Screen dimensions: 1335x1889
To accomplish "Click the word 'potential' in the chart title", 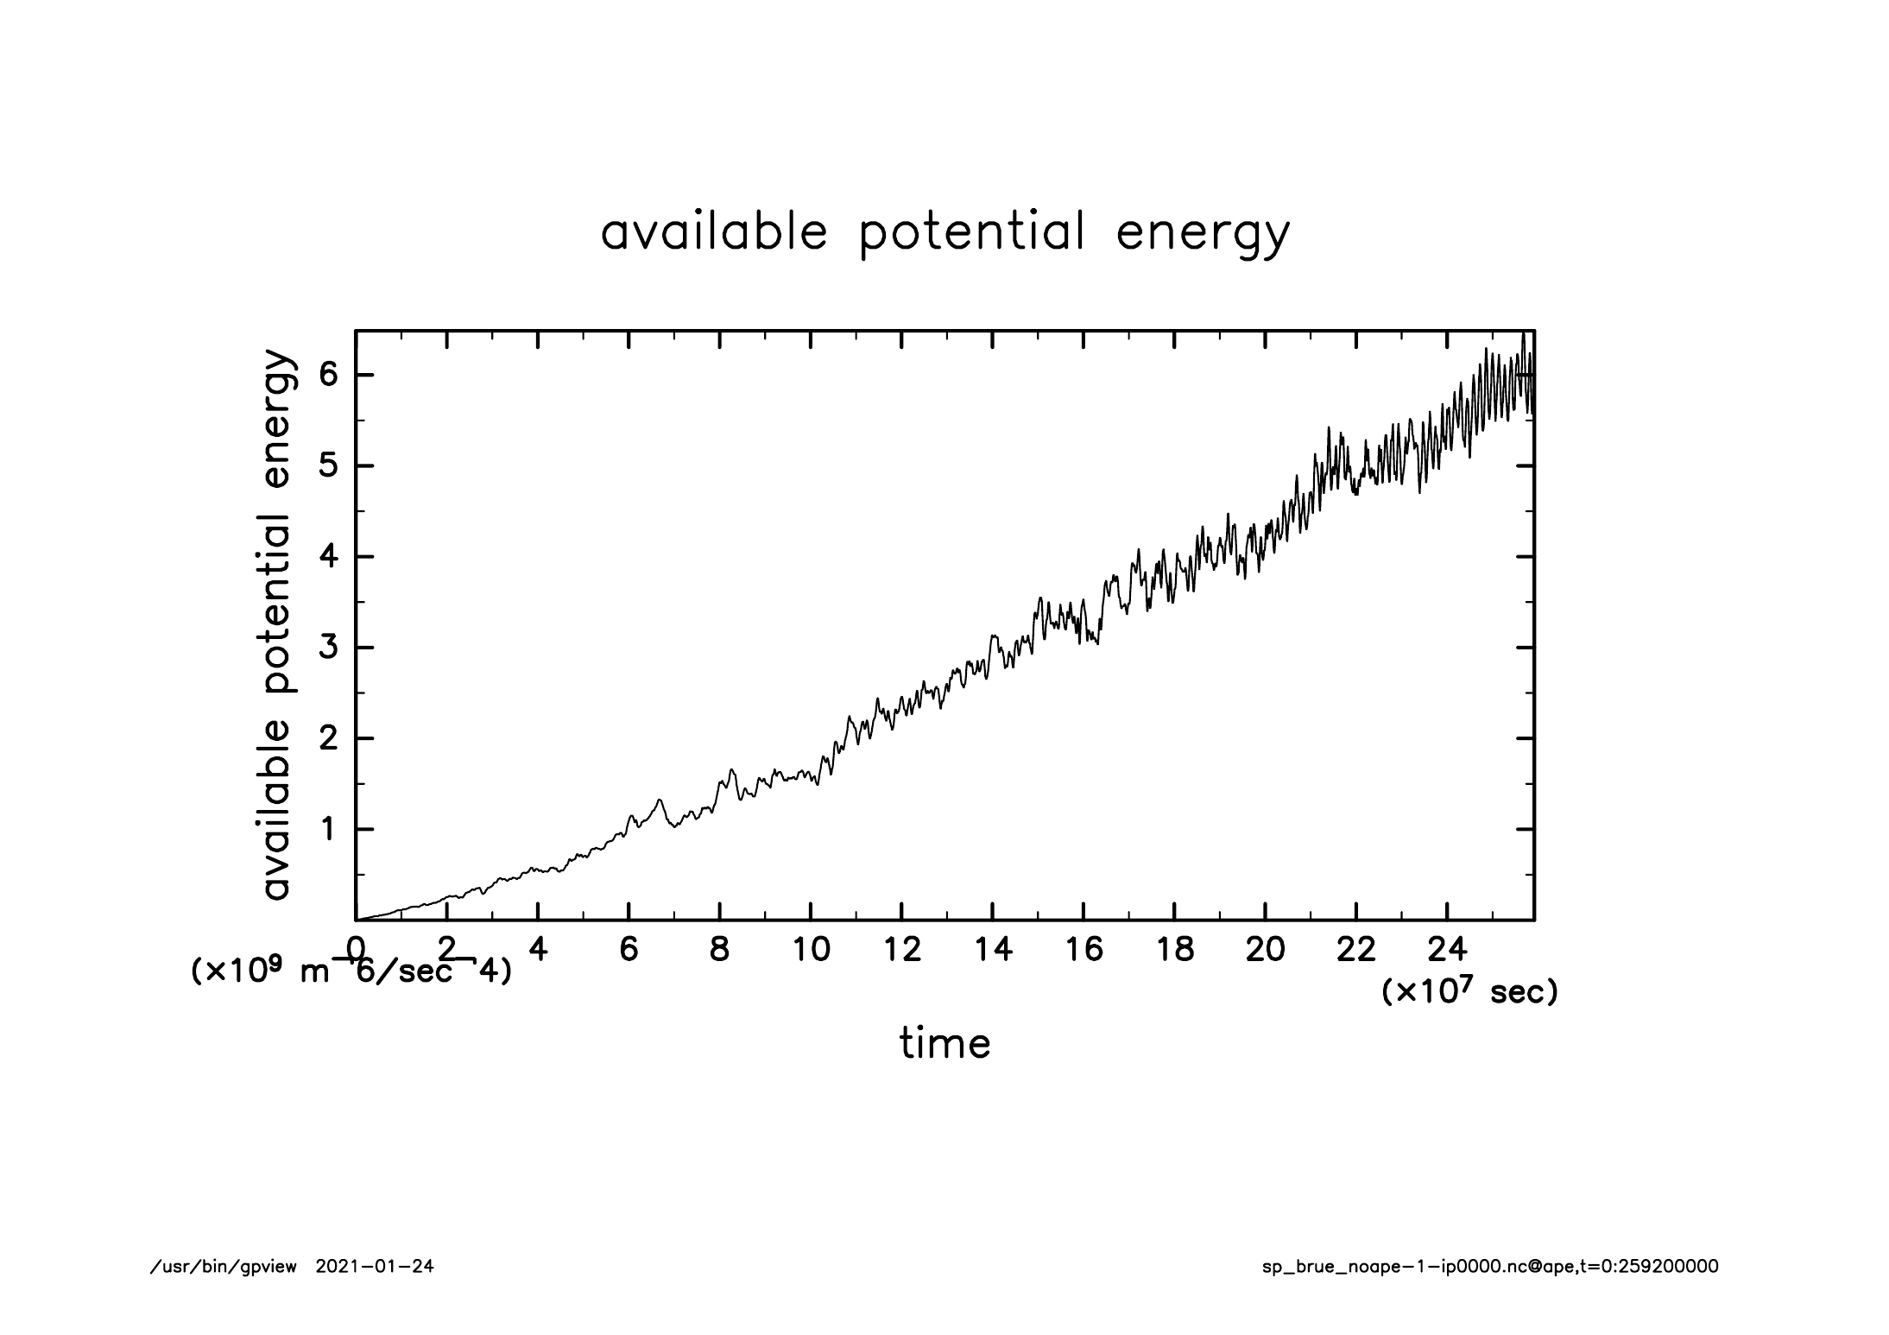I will [x=971, y=233].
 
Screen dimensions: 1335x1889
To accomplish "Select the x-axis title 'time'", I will [x=945, y=1043].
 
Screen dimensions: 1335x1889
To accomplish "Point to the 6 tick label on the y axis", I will [x=327, y=376].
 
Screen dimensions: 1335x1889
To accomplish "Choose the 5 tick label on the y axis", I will [x=327, y=466].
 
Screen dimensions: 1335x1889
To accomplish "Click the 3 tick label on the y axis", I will [x=327, y=648].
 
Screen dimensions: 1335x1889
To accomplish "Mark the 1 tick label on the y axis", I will [x=327, y=830].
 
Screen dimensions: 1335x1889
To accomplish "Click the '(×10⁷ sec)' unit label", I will [x=1469, y=992].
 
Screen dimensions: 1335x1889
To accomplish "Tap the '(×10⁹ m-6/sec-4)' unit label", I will [x=351, y=971].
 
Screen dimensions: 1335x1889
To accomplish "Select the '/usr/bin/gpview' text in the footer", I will [x=223, y=1267].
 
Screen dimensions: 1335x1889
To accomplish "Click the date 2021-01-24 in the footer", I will [x=375, y=1267].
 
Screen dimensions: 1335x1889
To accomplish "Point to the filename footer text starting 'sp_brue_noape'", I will [x=1490, y=1267].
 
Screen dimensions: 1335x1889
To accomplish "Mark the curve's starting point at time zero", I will [x=357, y=920].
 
